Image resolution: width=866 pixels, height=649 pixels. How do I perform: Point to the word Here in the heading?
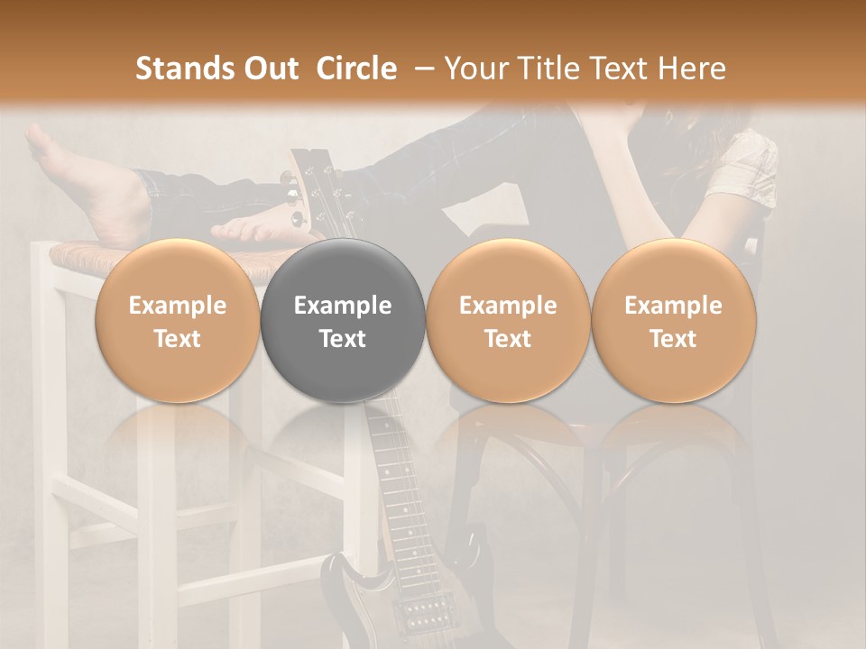click(x=691, y=69)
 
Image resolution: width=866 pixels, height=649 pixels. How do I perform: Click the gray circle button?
click(x=343, y=321)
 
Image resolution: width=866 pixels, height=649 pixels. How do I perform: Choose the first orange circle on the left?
click(x=178, y=321)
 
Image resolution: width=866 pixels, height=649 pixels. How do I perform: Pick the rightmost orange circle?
click(x=674, y=321)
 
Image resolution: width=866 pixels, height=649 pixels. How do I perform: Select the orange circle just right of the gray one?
click(x=508, y=321)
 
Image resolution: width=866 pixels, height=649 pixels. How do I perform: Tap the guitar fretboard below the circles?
click(x=397, y=487)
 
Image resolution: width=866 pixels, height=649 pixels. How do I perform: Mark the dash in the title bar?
click(x=421, y=69)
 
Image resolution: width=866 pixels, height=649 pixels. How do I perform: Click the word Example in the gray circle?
click(x=343, y=306)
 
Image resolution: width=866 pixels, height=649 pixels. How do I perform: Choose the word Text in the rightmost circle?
click(x=674, y=339)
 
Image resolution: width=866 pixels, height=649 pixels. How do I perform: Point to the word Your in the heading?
click(x=474, y=69)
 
